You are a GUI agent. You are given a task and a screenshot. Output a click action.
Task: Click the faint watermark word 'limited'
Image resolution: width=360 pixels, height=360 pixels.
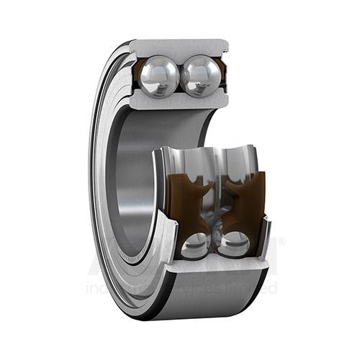click(253, 288)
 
